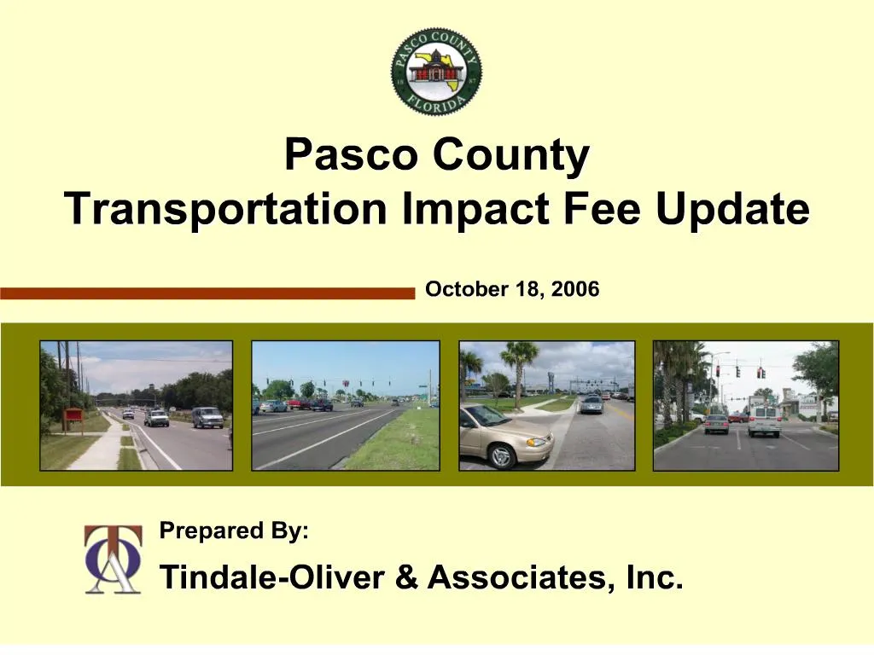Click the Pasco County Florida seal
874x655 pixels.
pyautogui.click(x=437, y=72)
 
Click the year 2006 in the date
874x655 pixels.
pyautogui.click(x=575, y=290)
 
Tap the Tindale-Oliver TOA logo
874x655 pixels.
pyautogui.click(x=113, y=559)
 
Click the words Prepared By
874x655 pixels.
pyautogui.click(x=235, y=531)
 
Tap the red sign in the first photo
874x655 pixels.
pyautogui.click(x=73, y=416)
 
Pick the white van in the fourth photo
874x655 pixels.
pyautogui.click(x=764, y=420)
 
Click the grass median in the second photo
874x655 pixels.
pyautogui.click(x=393, y=443)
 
